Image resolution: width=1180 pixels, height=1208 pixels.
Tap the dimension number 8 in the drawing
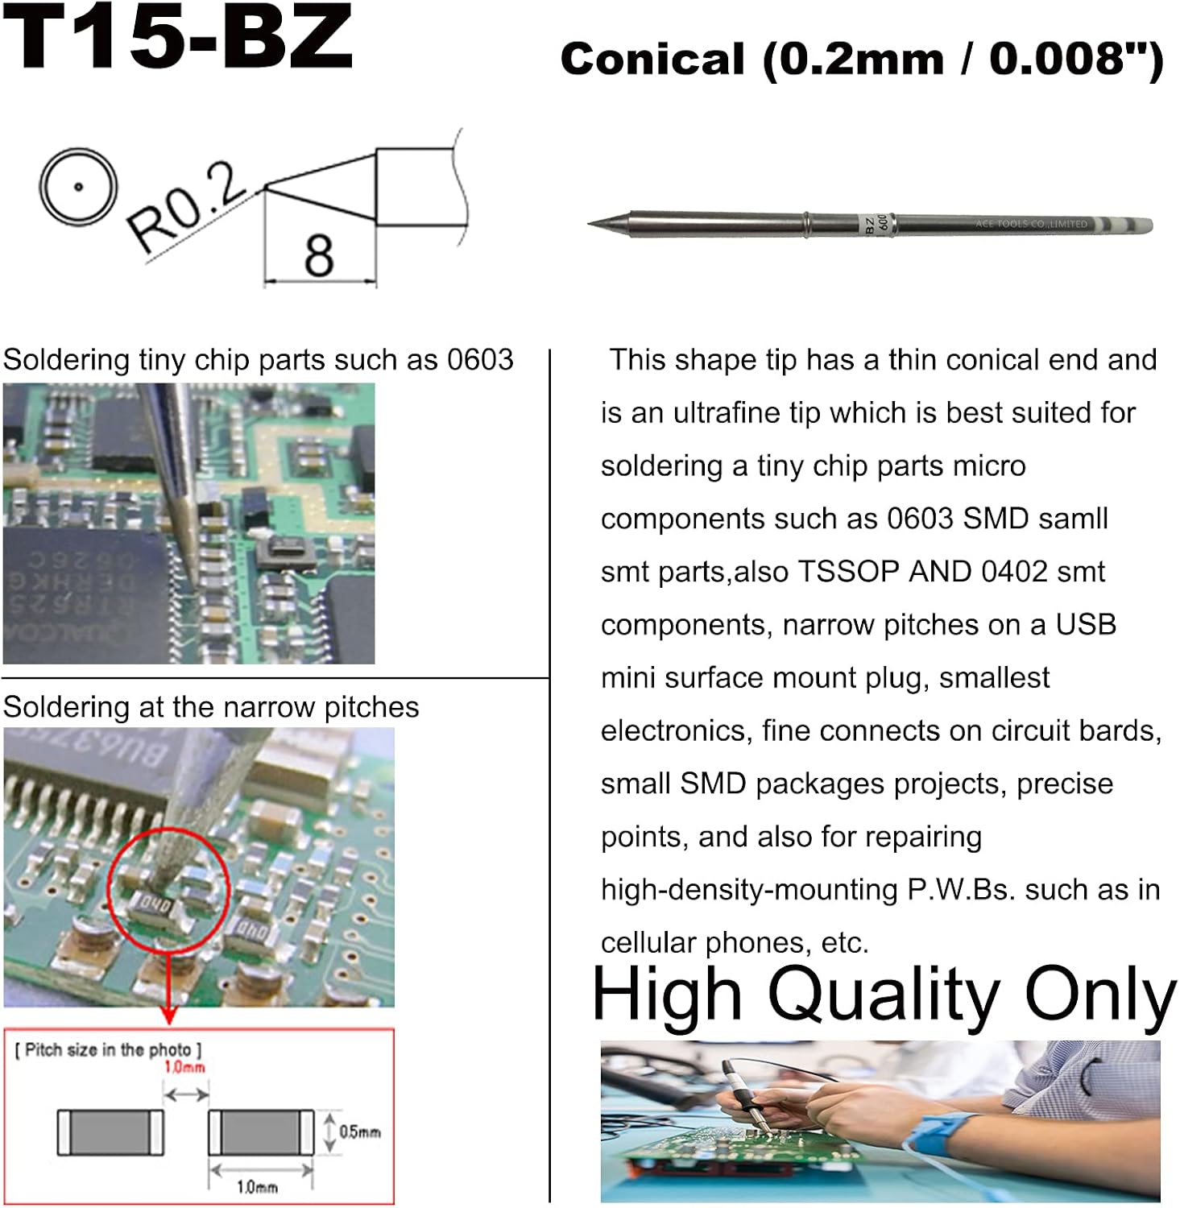[x=319, y=256]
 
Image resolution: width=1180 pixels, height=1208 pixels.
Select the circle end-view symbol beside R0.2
[x=78, y=187]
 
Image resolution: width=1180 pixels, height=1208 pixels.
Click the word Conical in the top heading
[x=652, y=60]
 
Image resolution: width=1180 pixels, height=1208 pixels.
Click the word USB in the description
[x=1086, y=625]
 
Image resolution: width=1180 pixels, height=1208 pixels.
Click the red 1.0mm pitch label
[x=184, y=1068]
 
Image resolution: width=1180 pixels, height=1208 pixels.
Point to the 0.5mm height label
[x=359, y=1132]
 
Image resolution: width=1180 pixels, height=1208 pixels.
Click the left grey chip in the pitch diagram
[x=110, y=1131]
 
